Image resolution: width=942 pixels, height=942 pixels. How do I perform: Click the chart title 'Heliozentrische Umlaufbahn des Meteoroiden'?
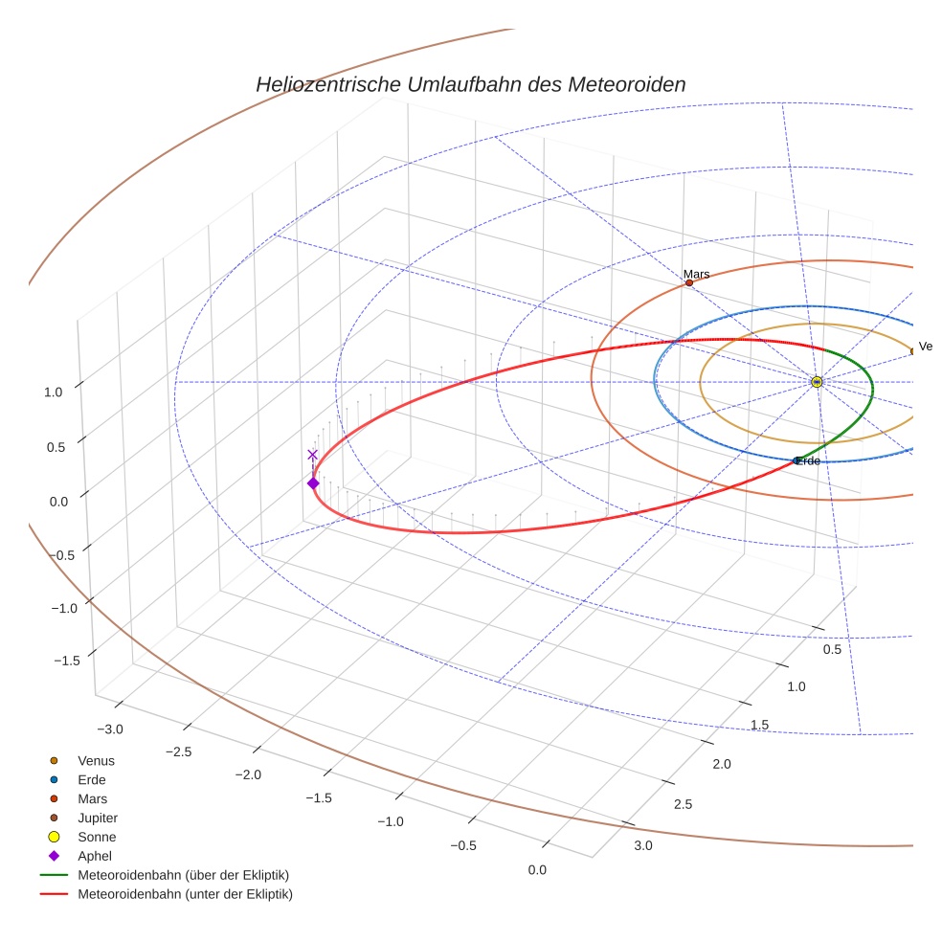(470, 84)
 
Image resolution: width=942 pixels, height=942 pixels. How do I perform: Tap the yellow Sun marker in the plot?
(817, 382)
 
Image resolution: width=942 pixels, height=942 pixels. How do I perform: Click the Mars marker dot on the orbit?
(689, 282)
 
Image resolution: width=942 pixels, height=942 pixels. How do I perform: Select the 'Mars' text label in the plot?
(697, 274)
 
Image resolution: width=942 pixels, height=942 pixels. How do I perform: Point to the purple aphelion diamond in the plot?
(313, 482)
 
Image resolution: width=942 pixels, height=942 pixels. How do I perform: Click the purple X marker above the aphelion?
(312, 455)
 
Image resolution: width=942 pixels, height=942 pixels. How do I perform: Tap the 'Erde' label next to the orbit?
(808, 461)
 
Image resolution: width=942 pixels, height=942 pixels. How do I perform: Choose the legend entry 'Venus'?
(96, 760)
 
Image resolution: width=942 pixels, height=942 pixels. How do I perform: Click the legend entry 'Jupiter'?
(98, 818)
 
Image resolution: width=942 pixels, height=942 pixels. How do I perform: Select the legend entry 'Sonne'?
(97, 837)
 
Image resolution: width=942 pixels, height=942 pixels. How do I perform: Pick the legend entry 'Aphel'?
(95, 856)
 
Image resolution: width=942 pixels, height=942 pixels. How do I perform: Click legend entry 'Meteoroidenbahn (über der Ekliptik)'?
(183, 875)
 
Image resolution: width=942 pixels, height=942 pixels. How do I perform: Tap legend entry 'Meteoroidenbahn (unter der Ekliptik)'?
(185, 894)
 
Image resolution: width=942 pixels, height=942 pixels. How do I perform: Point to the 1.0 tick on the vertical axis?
(53, 392)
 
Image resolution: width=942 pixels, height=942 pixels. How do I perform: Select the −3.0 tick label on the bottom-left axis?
(110, 729)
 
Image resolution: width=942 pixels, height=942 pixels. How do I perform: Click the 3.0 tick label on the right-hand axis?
(642, 845)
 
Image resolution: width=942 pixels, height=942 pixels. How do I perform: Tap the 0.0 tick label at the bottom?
(537, 870)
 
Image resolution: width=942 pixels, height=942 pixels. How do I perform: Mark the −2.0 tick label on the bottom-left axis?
(249, 774)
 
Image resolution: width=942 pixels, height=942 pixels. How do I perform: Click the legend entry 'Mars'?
(93, 798)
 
